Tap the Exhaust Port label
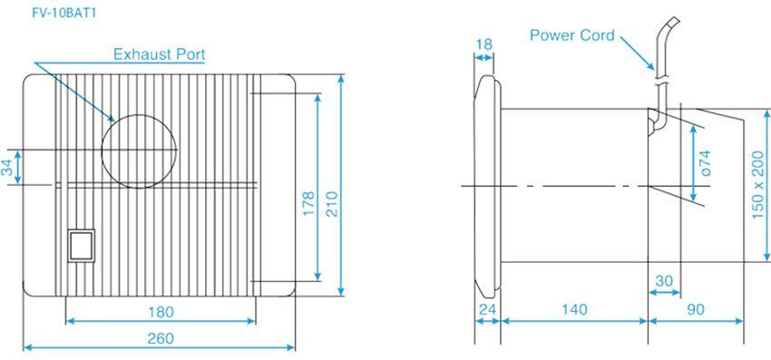coord(159,54)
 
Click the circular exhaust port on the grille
coord(138,151)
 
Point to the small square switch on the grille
coord(81,242)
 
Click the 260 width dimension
coord(160,338)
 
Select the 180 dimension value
coord(161,311)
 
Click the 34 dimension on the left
coord(8,168)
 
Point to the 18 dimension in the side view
coord(483,44)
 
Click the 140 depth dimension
coord(573,310)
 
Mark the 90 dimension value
coord(696,310)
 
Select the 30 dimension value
coord(665,281)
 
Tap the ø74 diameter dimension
coord(707,163)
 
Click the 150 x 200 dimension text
coord(757,189)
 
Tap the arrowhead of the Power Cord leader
coord(650,69)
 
